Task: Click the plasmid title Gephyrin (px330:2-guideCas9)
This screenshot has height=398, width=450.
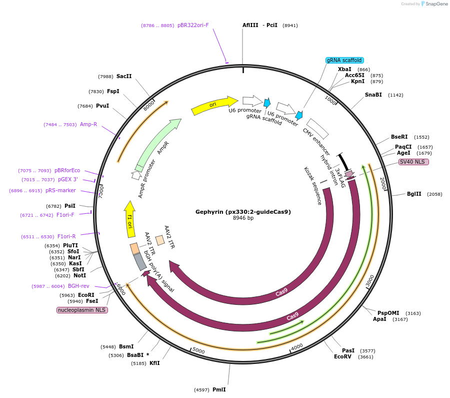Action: pyautogui.click(x=243, y=211)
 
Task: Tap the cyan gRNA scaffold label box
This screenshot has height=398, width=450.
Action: pyautogui.click(x=344, y=60)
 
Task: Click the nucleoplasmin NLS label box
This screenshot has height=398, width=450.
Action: pyautogui.click(x=82, y=310)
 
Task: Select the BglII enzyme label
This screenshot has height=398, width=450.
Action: pyautogui.click(x=414, y=194)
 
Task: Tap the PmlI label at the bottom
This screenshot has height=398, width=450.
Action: pyautogui.click(x=219, y=389)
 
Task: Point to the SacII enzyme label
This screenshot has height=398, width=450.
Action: pyautogui.click(x=124, y=76)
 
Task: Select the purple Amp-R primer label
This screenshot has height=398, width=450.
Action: pyautogui.click(x=88, y=124)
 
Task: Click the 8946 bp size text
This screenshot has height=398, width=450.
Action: pyautogui.click(x=243, y=218)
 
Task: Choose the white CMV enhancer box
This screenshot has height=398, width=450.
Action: pyautogui.click(x=317, y=129)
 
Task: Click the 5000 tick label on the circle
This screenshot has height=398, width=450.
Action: pyautogui.click(x=198, y=351)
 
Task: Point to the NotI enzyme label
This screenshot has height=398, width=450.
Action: pyautogui.click(x=79, y=275)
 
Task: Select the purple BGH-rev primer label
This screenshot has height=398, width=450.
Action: pyautogui.click(x=78, y=286)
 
